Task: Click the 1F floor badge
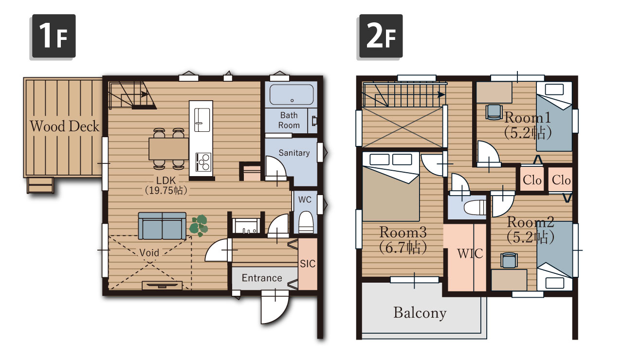[54, 36]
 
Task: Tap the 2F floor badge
[381, 36]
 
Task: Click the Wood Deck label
[64, 126]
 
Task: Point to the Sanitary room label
[294, 153]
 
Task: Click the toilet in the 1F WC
[306, 222]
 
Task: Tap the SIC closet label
[308, 264]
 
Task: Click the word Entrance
[262, 278]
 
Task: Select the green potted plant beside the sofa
[199, 225]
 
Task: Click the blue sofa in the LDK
[162, 226]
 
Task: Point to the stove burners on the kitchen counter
[203, 162]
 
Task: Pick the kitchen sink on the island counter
[202, 120]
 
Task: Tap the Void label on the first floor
[149, 252]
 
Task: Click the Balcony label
[420, 313]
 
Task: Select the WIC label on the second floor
[470, 253]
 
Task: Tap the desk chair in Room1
[494, 112]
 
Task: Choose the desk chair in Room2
[509, 260]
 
